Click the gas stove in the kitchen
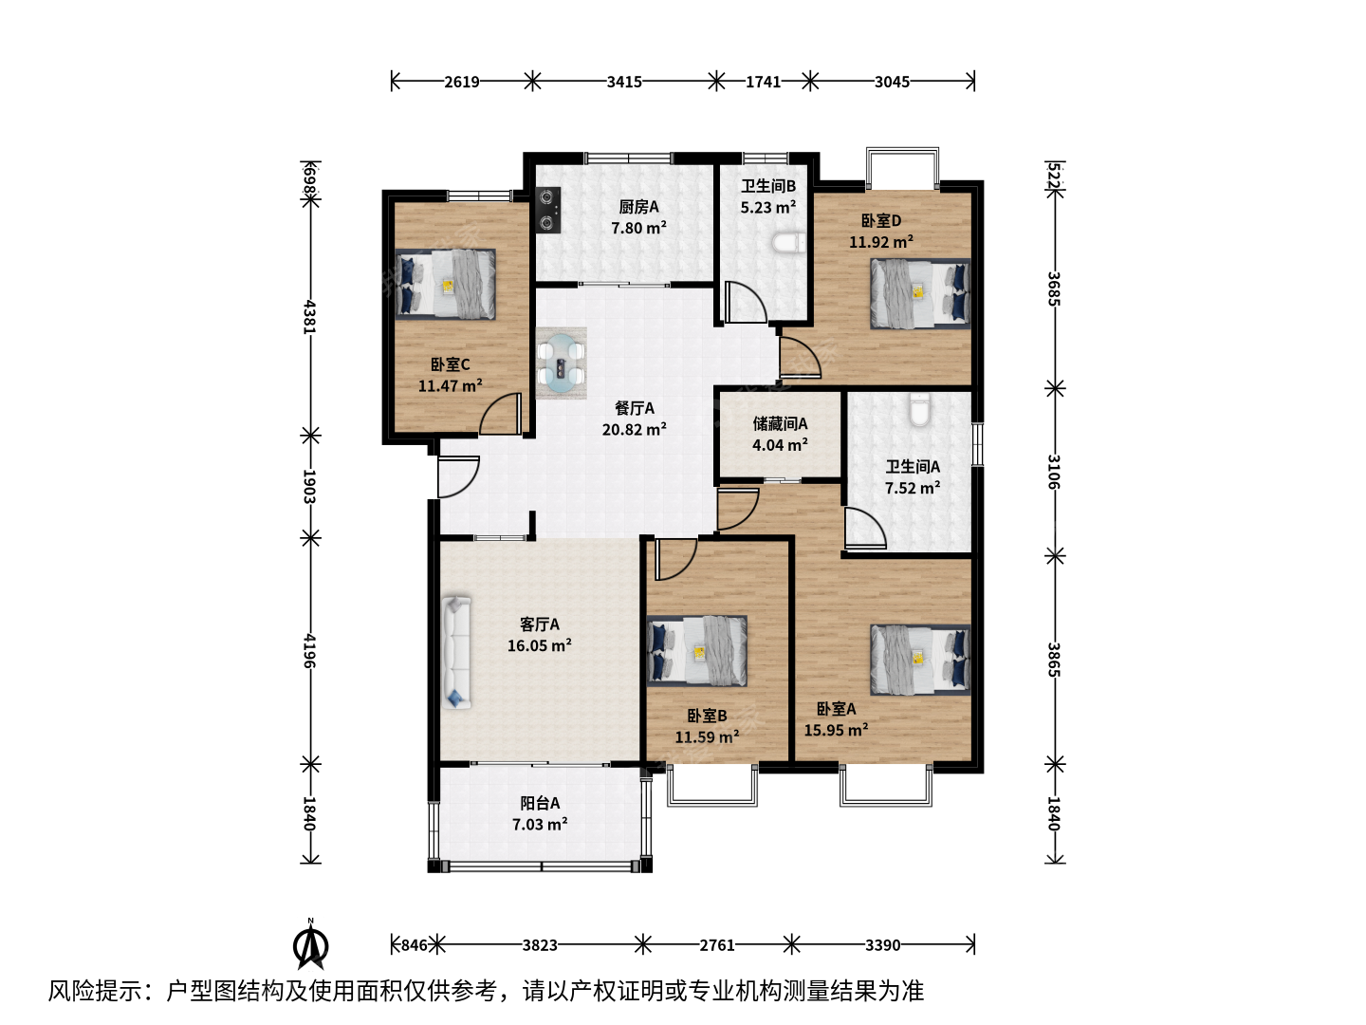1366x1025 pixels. [x=547, y=211]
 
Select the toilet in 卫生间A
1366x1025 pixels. [x=919, y=409]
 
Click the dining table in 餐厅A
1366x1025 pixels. [x=561, y=363]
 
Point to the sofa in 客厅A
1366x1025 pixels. [x=456, y=653]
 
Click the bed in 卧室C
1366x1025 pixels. [x=446, y=285]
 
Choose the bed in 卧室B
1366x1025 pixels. [x=697, y=650]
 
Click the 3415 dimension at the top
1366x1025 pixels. [x=624, y=82]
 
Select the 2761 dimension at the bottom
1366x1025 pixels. [x=717, y=945]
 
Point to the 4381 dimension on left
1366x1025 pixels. [x=309, y=317]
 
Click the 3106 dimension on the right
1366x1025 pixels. [x=1054, y=472]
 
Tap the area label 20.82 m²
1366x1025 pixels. [x=635, y=429]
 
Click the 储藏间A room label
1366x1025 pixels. [x=780, y=424]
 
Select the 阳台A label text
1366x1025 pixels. [x=540, y=803]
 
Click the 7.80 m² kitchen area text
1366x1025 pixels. [x=638, y=228]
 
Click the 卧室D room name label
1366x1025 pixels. [x=881, y=220]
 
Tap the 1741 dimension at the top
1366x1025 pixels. [x=763, y=82]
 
